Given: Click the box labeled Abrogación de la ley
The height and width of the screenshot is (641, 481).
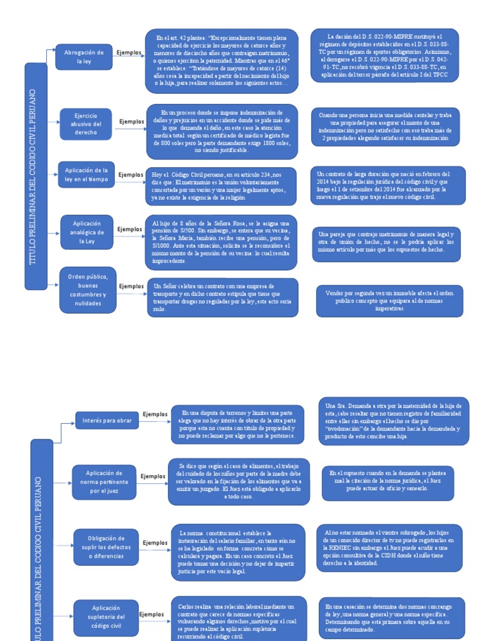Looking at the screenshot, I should (x=84, y=58).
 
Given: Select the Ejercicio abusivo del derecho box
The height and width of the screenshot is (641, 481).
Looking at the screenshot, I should (x=86, y=124).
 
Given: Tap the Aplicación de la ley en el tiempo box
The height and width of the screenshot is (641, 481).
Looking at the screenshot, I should (x=86, y=175).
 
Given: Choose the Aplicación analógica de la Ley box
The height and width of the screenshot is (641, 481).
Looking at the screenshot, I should (x=86, y=232).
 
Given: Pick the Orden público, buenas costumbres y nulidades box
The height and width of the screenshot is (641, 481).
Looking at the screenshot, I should (x=88, y=290).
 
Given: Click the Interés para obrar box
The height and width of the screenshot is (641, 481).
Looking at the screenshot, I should (x=106, y=421).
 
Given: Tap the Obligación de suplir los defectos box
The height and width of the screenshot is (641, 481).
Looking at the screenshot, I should (x=106, y=546).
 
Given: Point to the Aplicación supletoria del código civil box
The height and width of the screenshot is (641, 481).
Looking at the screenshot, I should (x=105, y=617).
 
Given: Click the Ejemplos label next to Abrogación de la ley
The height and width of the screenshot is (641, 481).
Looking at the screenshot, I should (x=129, y=53).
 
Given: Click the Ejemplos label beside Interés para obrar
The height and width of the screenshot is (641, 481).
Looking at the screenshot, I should (x=155, y=414).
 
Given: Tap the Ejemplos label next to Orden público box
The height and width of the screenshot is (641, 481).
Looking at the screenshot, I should (x=131, y=286).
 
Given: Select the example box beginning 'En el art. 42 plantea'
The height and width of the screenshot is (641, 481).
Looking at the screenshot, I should (x=221, y=60).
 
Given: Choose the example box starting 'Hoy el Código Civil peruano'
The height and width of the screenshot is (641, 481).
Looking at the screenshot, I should (x=222, y=186).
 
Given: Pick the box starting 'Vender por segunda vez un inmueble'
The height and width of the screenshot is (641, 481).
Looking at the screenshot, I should (x=390, y=301).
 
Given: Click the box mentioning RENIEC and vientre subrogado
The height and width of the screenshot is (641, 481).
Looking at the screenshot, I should (x=393, y=546).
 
